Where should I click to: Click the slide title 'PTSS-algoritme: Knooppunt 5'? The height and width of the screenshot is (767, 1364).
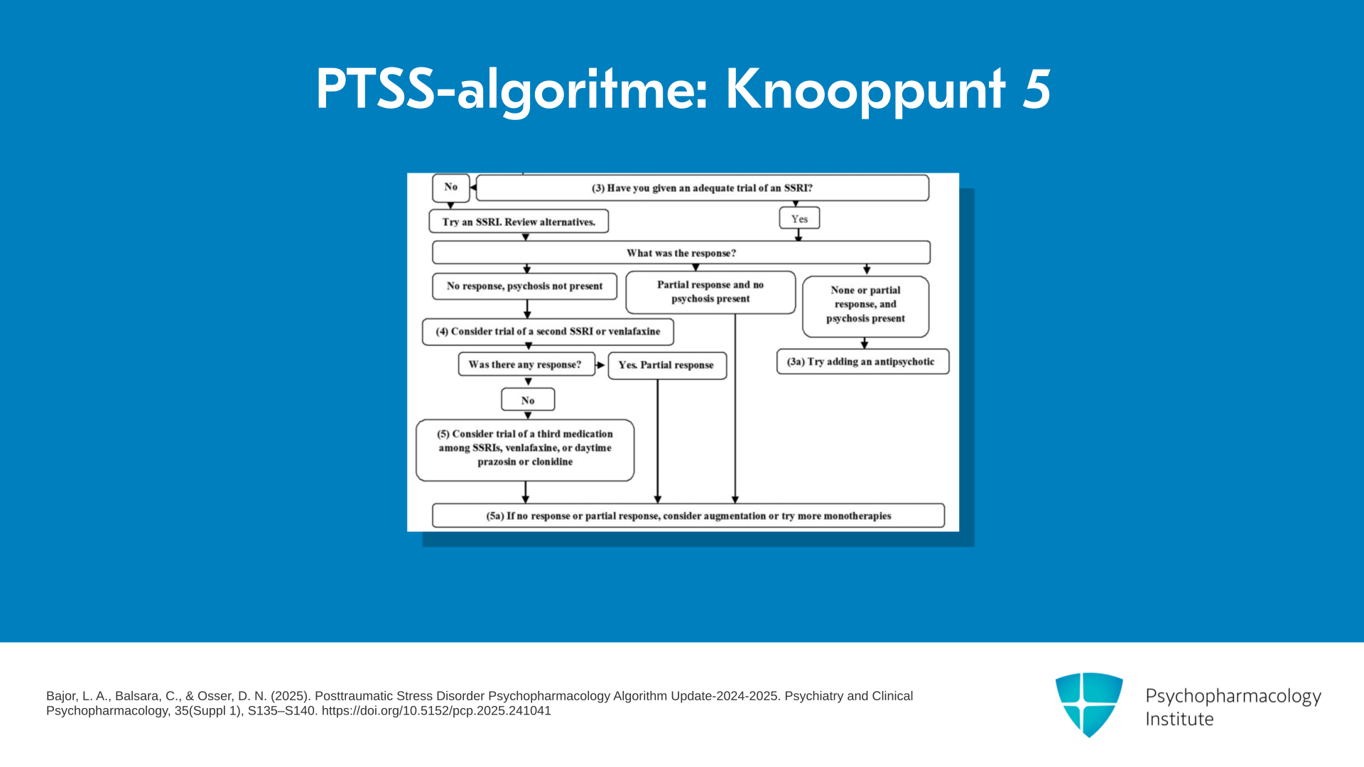[683, 90]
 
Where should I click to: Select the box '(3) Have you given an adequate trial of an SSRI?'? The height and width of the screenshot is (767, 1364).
[702, 188]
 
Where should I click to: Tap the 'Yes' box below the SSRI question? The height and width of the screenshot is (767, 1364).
[799, 218]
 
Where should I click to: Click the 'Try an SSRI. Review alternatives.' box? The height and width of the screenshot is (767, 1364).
[519, 222]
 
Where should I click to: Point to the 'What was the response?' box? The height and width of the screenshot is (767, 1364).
[681, 253]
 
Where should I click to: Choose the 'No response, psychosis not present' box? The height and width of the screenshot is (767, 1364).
[524, 286]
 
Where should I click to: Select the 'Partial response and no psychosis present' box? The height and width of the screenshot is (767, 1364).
[710, 292]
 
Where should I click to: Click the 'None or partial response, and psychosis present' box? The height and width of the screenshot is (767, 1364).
[865, 306]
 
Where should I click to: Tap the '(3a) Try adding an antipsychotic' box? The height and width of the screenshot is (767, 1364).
[862, 361]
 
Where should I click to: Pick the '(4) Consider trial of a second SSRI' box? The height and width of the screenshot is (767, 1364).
[548, 332]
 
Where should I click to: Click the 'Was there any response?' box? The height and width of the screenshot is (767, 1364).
[526, 364]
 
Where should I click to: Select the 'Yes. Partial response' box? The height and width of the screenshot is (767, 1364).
[667, 366]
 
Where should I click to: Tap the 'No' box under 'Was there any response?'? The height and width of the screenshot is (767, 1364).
[528, 400]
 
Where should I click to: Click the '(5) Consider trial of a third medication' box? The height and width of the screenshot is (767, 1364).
[525, 450]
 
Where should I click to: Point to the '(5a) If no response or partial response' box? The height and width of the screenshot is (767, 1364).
[688, 516]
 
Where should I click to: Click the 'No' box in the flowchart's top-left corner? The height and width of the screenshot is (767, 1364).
[451, 187]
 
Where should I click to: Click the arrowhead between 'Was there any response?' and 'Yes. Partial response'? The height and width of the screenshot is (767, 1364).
[601, 365]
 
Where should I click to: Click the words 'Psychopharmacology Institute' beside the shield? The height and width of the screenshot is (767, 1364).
[1233, 707]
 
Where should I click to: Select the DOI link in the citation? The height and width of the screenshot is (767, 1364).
[436, 711]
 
